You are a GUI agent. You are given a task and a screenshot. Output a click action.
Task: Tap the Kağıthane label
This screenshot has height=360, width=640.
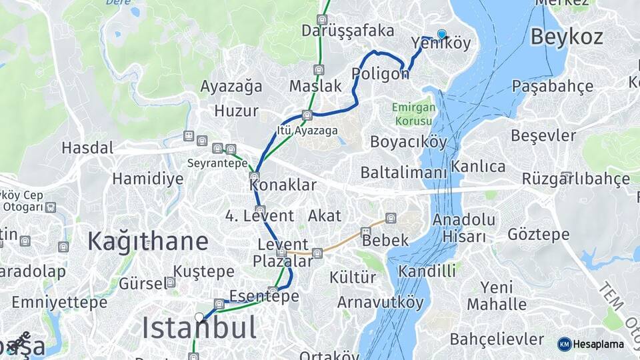[x=147, y=241]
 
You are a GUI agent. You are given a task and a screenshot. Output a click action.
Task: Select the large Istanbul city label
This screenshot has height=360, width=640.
[x=199, y=328]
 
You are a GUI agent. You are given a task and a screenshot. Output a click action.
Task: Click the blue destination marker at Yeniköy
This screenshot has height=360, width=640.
[x=441, y=34]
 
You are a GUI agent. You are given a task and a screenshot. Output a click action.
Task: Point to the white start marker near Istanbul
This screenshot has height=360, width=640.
[x=199, y=317]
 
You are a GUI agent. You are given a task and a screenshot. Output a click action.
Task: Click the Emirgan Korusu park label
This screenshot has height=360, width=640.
[x=413, y=114]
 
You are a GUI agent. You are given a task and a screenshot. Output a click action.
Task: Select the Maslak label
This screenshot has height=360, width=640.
[x=315, y=86]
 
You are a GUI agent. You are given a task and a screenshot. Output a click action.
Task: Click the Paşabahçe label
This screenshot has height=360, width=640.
[x=552, y=86]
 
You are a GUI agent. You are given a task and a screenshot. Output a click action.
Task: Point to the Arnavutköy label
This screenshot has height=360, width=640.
[x=380, y=302]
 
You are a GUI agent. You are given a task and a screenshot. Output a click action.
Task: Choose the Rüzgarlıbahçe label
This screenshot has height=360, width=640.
[x=575, y=179]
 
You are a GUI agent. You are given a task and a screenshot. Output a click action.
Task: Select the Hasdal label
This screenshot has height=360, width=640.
[x=87, y=147]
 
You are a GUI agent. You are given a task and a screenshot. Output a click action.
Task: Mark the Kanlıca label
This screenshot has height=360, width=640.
[x=478, y=166]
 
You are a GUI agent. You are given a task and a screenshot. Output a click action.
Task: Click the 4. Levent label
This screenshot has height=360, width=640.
[x=259, y=216]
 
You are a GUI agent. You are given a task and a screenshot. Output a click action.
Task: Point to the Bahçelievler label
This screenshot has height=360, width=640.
[x=497, y=339]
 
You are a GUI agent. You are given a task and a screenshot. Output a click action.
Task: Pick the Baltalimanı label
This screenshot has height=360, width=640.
[x=403, y=173]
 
